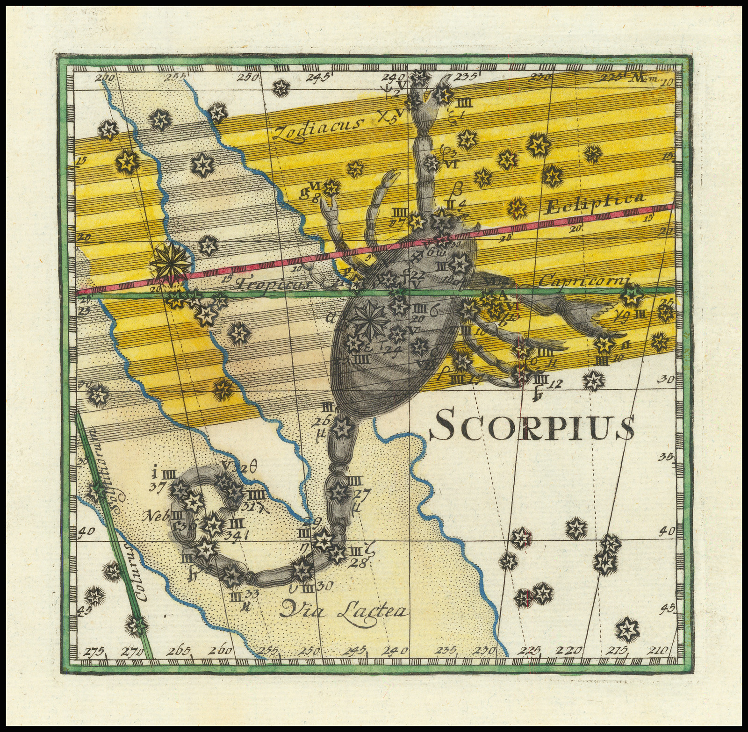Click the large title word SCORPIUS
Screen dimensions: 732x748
pos(532,424)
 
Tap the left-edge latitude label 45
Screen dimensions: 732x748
pos(84,610)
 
